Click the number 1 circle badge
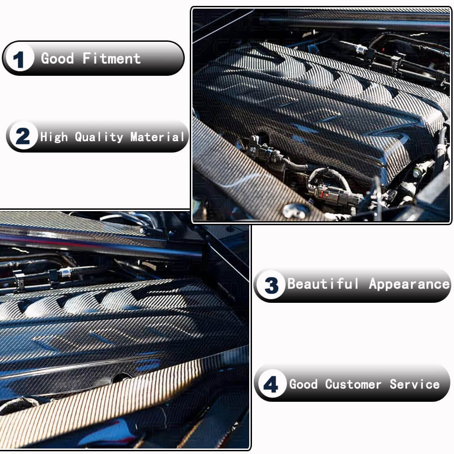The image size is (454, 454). [x=19, y=59]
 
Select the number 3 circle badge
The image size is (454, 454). [x=271, y=286]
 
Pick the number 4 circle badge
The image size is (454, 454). [x=271, y=385]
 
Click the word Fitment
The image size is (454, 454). [x=112, y=59]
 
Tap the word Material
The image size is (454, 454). [x=158, y=137]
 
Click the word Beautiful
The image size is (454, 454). [x=323, y=285]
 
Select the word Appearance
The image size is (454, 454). [x=409, y=285]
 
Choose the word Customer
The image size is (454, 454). [x=353, y=384]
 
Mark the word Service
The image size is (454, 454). [x=415, y=384]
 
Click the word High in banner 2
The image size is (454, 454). [x=54, y=137]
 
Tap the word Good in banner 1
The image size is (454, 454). [x=58, y=59]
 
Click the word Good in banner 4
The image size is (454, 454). [x=304, y=384]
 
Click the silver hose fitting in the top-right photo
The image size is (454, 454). [x=359, y=47]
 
